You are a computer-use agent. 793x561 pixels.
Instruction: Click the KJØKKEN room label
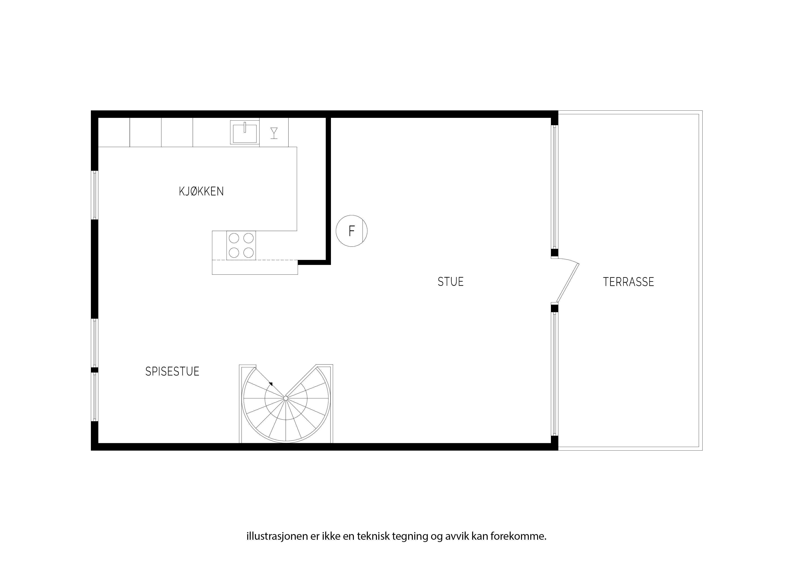click(201, 192)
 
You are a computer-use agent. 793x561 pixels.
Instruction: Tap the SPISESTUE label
click(172, 372)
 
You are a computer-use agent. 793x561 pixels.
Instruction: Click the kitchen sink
click(245, 132)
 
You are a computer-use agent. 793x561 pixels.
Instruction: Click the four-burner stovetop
click(241, 245)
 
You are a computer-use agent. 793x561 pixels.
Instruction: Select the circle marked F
click(352, 231)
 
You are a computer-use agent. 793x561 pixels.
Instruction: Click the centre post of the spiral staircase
click(286, 399)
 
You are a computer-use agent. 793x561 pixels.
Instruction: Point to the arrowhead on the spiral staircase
click(271, 384)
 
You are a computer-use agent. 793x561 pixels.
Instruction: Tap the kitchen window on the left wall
click(95, 195)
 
